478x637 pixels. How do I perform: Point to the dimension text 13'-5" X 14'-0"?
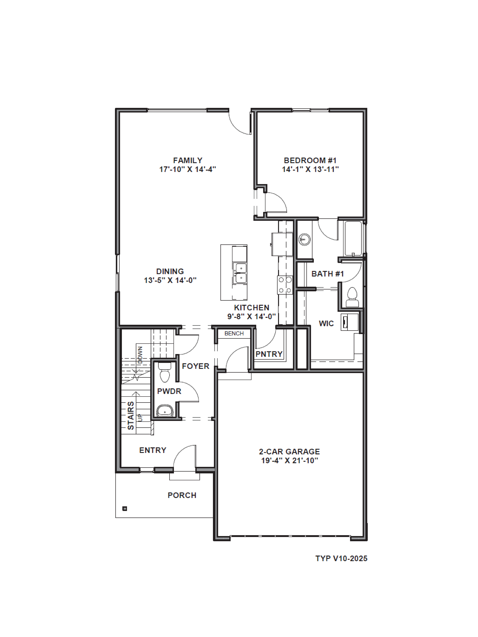[170, 280]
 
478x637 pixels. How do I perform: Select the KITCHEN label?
[252, 308]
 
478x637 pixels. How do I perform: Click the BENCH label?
[234, 334]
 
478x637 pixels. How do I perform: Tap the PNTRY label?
[269, 354]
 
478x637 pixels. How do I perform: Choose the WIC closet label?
[326, 323]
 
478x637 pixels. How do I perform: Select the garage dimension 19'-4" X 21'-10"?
[289, 460]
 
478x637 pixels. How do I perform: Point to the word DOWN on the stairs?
[140, 355]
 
